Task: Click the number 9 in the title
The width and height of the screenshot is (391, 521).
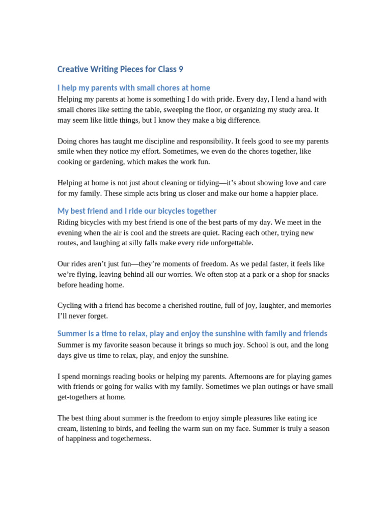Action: (180, 69)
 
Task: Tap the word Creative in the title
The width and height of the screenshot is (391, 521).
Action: (73, 69)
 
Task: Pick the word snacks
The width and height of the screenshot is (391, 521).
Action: (316, 275)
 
